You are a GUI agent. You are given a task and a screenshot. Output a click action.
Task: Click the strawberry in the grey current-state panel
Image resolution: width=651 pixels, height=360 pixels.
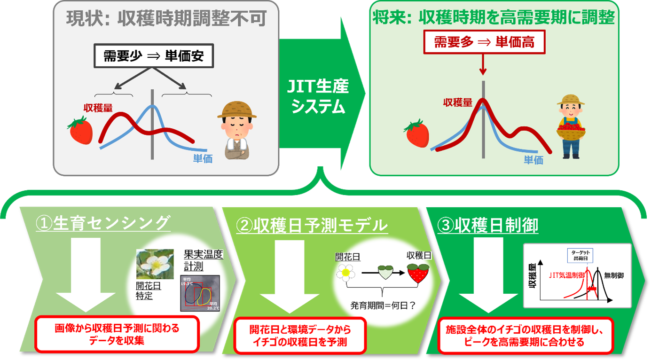coord(80,130)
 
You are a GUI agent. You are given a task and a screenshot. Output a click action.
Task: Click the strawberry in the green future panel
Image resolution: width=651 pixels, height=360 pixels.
coord(417,133)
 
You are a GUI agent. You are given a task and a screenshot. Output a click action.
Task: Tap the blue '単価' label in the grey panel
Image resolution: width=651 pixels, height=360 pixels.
coord(203,159)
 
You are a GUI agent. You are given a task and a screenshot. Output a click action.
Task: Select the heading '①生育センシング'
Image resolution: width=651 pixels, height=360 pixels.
coord(102,224)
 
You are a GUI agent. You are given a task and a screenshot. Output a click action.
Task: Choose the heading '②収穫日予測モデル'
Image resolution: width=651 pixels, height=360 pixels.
coord(312,226)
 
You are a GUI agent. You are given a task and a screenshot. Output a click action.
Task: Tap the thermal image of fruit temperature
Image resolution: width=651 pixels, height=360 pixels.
coord(200,293)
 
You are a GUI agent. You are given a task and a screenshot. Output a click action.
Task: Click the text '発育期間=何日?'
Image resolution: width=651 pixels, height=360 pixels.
coord(383,305)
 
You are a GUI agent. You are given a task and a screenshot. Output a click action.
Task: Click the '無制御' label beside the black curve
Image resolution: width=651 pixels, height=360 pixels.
coord(614,275)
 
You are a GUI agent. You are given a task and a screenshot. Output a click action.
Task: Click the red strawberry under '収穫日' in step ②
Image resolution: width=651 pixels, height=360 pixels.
coord(418,273)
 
